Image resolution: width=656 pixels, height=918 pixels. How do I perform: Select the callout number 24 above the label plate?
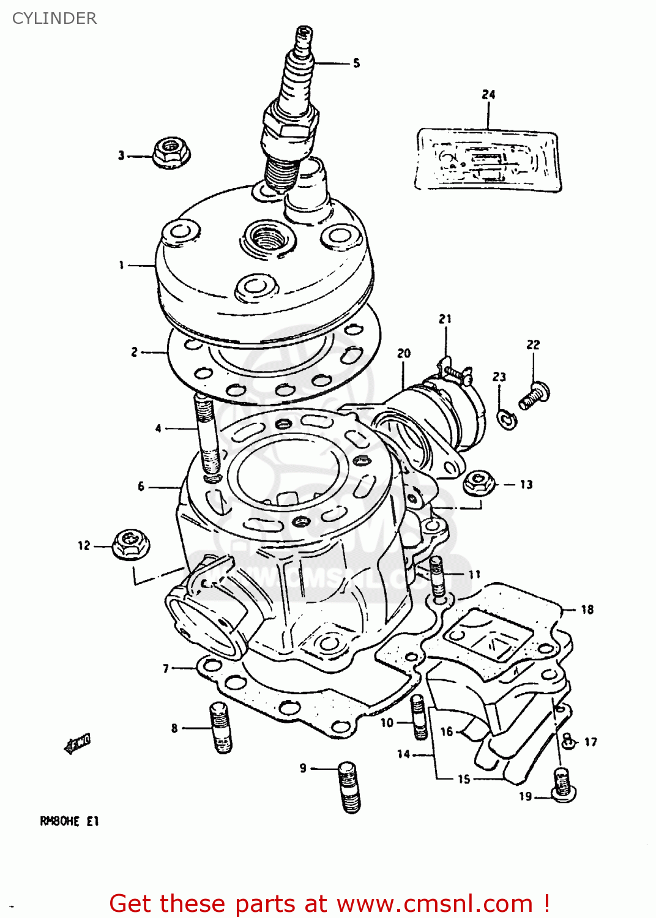pos(488,94)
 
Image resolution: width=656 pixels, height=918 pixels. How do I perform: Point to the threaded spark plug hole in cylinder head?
pos(267,237)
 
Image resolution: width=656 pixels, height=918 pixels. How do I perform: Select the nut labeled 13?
pos(479,483)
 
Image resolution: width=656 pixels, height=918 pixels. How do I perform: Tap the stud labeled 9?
pos(349,786)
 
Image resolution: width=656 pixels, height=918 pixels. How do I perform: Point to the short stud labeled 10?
pos(419,717)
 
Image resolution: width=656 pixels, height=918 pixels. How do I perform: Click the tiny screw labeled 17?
pos(568,741)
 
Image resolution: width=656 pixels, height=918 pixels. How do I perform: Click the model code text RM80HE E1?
pos(69,821)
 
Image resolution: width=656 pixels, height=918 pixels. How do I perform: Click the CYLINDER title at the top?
pos(54,18)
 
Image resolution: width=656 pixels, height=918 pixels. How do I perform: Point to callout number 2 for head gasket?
pos(135,352)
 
